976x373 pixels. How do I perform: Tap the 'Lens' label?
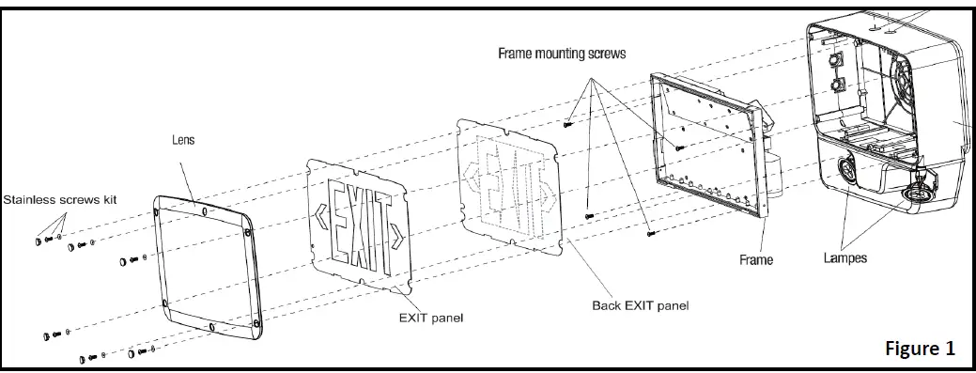click(183, 140)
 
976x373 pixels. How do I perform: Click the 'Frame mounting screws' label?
click(562, 54)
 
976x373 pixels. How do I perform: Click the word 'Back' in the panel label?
click(607, 305)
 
